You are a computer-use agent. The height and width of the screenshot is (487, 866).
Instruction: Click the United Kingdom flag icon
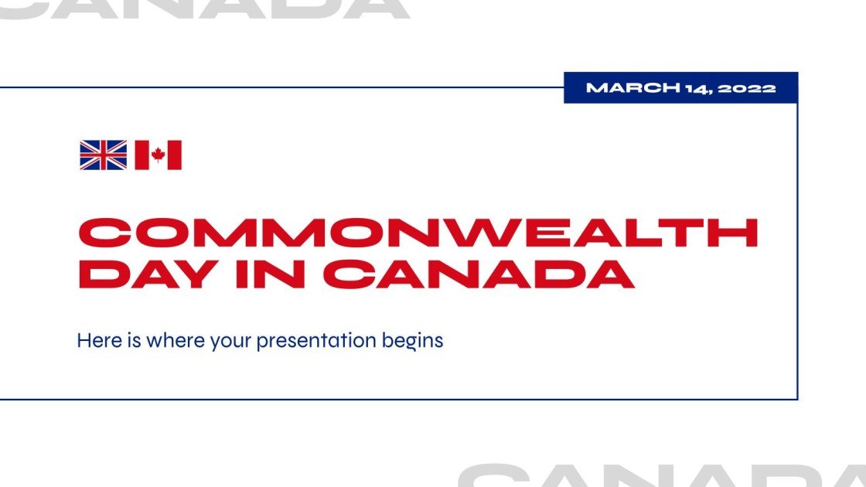pyautogui.click(x=103, y=155)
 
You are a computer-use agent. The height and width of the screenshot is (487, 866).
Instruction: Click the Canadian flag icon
pyautogui.click(x=158, y=155)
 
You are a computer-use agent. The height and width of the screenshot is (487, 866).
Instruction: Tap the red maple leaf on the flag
pyautogui.click(x=158, y=155)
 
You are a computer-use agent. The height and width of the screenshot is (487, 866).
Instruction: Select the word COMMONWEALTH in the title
pyautogui.click(x=418, y=233)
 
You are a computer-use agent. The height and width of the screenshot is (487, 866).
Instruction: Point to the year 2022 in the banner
pyautogui.click(x=746, y=88)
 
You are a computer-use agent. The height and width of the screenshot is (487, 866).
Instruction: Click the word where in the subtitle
pyautogui.click(x=176, y=339)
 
